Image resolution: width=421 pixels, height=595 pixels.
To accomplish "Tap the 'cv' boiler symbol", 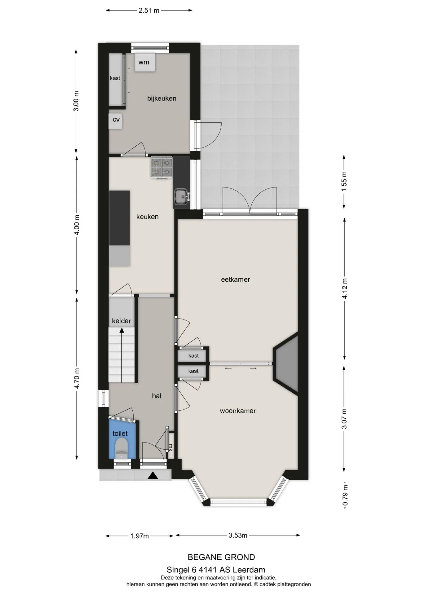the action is [x=116, y=121].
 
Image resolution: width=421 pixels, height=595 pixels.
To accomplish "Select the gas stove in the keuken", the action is [x=162, y=167].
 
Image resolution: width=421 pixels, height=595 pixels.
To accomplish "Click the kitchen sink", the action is [x=181, y=197].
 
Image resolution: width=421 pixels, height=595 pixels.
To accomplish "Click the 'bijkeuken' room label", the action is [x=162, y=99].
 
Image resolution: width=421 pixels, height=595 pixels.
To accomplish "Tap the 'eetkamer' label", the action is [x=235, y=280].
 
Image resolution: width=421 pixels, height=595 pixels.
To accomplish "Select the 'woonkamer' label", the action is [x=238, y=411].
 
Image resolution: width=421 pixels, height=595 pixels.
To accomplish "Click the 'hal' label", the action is [x=157, y=396].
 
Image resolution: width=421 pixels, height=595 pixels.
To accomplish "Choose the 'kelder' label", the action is [x=121, y=321].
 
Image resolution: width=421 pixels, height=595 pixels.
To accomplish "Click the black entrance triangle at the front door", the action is [x=153, y=475].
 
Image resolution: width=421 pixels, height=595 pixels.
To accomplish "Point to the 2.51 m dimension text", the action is [x=149, y=11].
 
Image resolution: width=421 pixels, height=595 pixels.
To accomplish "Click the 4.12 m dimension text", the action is [x=345, y=288].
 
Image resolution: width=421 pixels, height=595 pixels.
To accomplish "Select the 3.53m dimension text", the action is [x=238, y=535].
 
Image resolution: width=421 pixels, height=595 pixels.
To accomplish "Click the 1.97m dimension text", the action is [x=140, y=536].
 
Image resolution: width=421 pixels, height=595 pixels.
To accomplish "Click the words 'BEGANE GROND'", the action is [x=221, y=557].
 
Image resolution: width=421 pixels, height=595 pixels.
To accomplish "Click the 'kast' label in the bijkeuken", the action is [x=115, y=78].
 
